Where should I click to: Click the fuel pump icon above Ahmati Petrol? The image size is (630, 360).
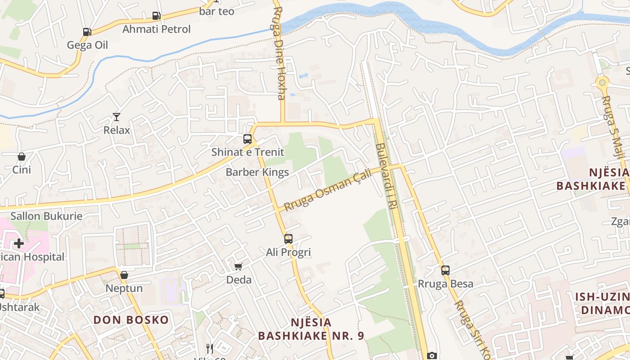tap(156, 16)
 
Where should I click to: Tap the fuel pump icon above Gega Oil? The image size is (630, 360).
tap(87, 32)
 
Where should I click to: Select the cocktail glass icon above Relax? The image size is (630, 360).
tap(117, 117)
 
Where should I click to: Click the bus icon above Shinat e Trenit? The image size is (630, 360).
tap(247, 139)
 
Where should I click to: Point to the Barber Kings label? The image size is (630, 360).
tap(257, 172)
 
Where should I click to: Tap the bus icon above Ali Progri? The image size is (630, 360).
tap(288, 239)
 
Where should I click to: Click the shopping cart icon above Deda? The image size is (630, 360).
tap(238, 266)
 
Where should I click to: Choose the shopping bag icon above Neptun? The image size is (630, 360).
tap(124, 275)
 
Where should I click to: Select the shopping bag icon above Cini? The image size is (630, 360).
tap(21, 157)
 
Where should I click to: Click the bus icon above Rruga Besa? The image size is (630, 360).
tap(445, 270)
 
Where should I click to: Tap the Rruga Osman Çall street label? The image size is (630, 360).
tap(328, 190)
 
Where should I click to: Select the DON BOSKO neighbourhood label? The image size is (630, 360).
tap(131, 320)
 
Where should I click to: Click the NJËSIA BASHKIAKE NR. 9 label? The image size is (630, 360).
tap(311, 329)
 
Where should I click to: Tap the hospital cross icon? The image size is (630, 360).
tap(19, 243)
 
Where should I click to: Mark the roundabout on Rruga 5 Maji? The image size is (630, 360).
tap(602, 83)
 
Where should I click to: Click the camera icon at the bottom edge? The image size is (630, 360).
tap(432, 355)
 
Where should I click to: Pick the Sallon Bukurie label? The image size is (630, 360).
tap(46, 216)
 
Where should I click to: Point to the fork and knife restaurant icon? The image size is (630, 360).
tap(210, 348)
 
